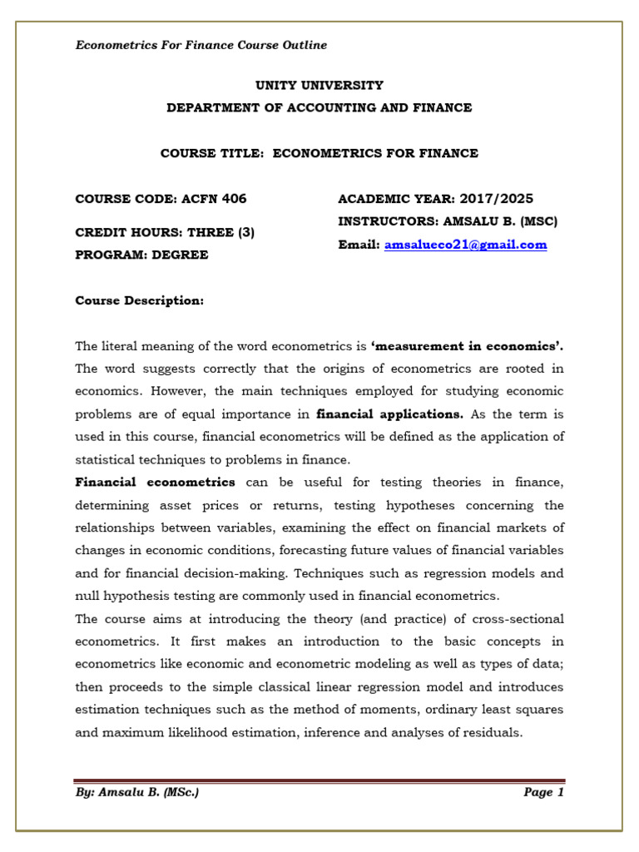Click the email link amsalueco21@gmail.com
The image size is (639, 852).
465,245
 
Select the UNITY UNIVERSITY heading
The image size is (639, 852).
319,85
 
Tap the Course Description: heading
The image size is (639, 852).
139,300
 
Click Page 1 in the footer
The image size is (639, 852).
543,792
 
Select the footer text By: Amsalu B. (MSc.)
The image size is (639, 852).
136,792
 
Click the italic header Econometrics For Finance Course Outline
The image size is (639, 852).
201,45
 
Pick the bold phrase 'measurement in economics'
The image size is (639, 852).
467,346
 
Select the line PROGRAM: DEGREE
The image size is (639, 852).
141,255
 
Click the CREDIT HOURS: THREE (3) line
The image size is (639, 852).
165,233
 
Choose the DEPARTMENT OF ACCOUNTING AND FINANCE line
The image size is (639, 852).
319,107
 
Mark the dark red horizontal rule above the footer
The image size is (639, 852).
319,780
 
